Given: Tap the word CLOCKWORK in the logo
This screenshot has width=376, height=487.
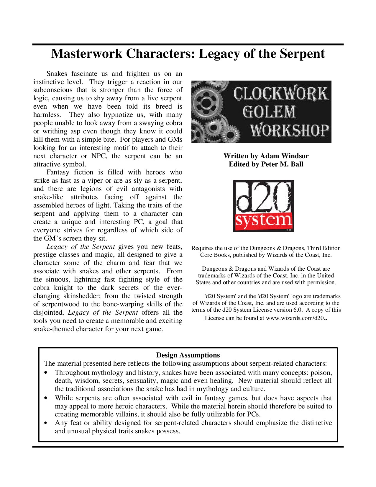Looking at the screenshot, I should [x=280, y=94].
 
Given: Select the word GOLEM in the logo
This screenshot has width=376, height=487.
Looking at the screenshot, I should [x=269, y=112].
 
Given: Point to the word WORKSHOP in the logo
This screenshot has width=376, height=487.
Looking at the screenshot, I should [x=290, y=130].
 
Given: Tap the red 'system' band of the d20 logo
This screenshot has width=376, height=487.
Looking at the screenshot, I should [x=263, y=220].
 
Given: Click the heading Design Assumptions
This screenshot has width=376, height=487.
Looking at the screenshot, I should [x=188, y=355].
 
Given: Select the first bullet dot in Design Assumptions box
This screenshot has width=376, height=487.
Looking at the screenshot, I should [x=45, y=373].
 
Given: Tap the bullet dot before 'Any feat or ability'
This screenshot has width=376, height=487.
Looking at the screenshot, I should [x=45, y=423].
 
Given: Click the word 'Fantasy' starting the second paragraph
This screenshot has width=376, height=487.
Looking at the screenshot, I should [x=58, y=172].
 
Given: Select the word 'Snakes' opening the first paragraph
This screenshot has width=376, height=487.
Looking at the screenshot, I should [x=57, y=73].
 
